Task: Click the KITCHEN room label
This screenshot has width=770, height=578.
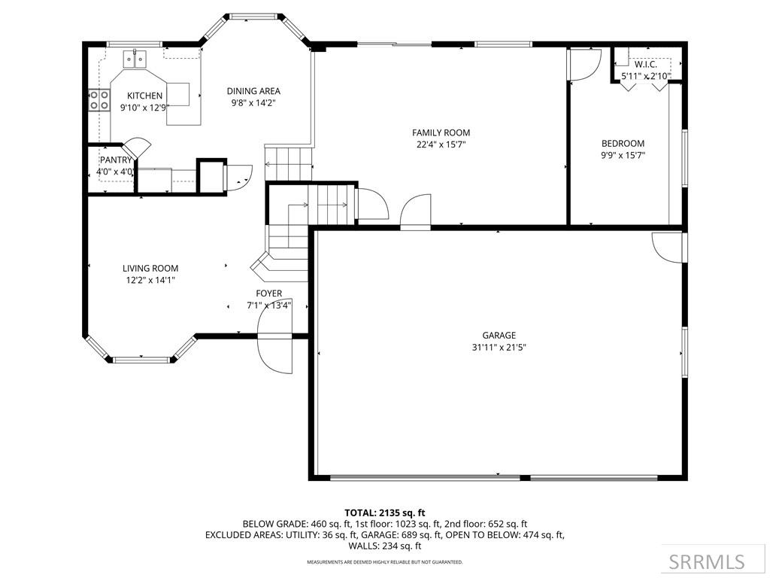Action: coord(144,96)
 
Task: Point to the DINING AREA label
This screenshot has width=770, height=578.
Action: coord(253,91)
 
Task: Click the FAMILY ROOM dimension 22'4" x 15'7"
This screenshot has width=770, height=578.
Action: coord(442,144)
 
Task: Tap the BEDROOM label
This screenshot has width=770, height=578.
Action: coord(623,144)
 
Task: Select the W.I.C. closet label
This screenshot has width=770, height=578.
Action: coord(645,65)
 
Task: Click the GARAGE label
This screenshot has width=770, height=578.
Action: coord(499,336)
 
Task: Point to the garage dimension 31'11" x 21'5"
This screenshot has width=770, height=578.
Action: coord(499,348)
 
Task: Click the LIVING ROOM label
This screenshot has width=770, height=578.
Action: coord(150,268)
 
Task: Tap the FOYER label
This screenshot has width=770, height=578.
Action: coord(268,294)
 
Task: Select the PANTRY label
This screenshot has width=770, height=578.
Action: coord(116,160)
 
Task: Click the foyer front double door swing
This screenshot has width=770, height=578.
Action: coord(276,342)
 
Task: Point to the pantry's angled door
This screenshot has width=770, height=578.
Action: coord(137,146)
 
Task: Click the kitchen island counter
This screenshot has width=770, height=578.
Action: coord(179,93)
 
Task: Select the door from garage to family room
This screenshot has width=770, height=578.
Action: coord(415,213)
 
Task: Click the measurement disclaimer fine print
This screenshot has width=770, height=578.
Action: coord(384,562)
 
